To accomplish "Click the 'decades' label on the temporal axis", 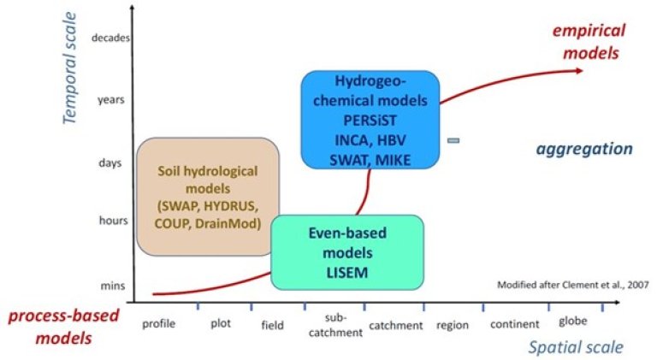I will pyautogui.click(x=109, y=38).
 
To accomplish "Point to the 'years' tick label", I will pyautogui.click(x=111, y=99).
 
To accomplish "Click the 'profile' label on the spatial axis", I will pyautogui.click(x=158, y=324).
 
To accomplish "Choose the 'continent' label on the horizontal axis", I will pyautogui.click(x=514, y=324).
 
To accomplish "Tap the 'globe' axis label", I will pyautogui.click(x=572, y=322).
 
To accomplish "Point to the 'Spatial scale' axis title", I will pyautogui.click(x=575, y=346).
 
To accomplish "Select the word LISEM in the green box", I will pyautogui.click(x=348, y=271).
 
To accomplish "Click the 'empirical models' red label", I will pyautogui.click(x=589, y=40).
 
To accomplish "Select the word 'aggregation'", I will pyautogui.click(x=584, y=150).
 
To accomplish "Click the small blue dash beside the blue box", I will pyautogui.click(x=453, y=139).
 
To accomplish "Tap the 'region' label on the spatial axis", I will pyautogui.click(x=453, y=325).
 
